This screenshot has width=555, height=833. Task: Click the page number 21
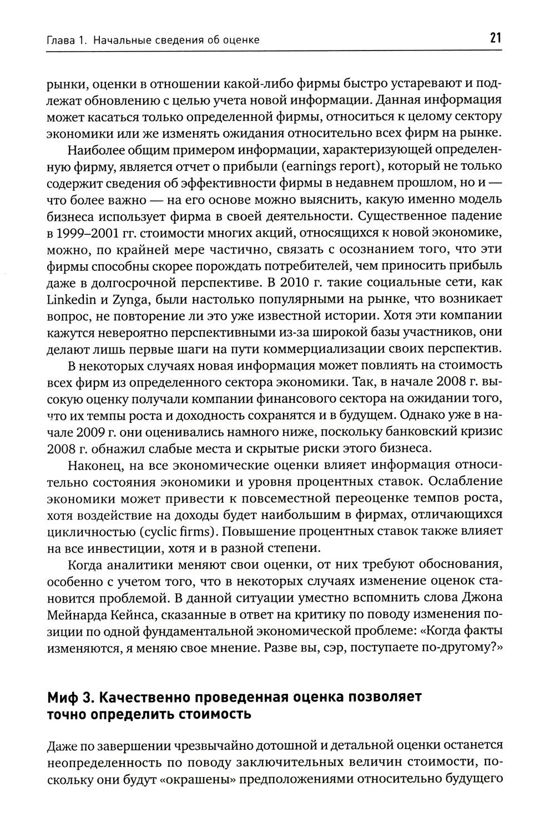pos(495,38)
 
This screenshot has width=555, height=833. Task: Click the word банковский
pos(390,432)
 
